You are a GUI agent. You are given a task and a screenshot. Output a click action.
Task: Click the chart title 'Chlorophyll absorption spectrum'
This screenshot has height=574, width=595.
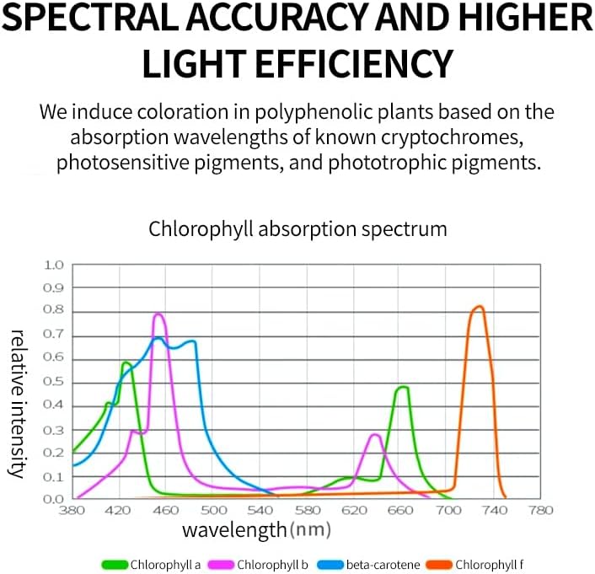297,228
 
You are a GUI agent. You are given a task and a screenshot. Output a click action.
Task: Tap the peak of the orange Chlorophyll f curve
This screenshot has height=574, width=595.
478,307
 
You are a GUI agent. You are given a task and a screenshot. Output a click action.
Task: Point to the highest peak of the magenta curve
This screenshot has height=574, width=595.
158,315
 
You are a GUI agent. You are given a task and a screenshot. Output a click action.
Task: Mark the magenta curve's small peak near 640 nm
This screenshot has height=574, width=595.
375,435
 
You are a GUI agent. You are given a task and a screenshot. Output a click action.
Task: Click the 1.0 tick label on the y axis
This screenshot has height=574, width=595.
53,266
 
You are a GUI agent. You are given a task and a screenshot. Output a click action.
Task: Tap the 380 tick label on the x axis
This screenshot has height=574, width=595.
72,510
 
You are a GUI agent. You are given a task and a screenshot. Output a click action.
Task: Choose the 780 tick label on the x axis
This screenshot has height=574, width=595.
540,510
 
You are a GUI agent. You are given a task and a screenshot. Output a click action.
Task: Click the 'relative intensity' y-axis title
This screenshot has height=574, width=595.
17,404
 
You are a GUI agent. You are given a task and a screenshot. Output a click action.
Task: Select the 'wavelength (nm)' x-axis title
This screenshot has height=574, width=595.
256,530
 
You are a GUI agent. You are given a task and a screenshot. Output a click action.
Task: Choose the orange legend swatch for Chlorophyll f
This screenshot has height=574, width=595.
442,564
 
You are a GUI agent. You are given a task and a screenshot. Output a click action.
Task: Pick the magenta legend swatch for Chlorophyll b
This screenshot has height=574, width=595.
222,564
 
